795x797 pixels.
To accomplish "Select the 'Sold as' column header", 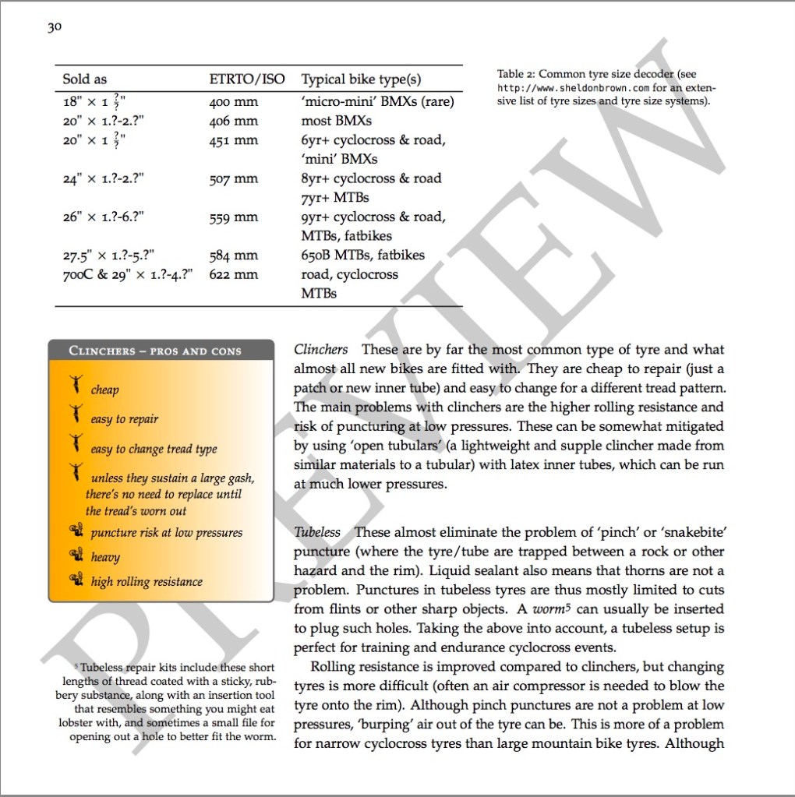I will coord(85,79).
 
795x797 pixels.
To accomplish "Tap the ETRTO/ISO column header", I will coord(247,79).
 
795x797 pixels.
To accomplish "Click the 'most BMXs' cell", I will coord(337,121).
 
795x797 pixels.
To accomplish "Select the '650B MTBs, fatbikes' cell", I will coord(363,255).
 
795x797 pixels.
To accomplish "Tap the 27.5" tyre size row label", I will coord(109,255).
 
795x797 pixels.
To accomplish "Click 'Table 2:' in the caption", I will coord(517,75).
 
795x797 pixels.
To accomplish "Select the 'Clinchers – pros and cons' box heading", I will coord(155,351).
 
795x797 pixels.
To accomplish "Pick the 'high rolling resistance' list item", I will coord(147,581).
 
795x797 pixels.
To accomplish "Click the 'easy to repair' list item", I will coord(125,419).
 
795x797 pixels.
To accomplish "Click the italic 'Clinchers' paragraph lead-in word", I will coord(320,349).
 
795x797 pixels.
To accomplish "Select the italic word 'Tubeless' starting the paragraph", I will coord(317,532).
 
